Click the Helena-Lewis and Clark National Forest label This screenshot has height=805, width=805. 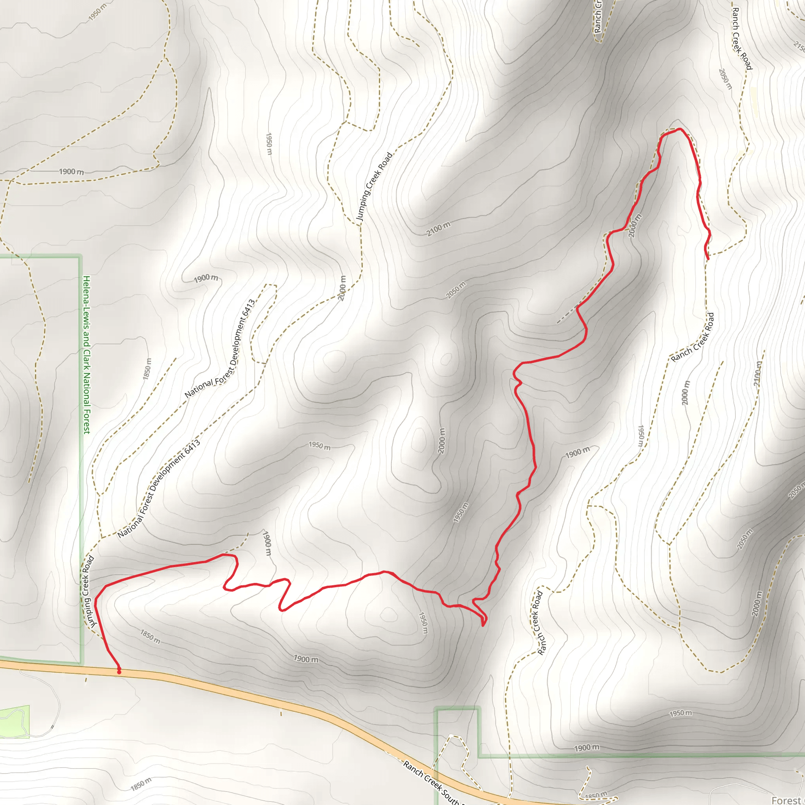(86, 354)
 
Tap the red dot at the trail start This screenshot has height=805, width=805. (119, 672)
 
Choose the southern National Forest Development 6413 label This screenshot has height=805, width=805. (159, 488)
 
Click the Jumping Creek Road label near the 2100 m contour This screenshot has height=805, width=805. (374, 186)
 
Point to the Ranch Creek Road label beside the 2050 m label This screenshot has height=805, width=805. (742, 39)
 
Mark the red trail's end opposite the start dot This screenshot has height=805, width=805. (708, 259)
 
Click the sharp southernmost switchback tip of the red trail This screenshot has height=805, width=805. (483, 625)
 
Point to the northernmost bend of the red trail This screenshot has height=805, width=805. (678, 129)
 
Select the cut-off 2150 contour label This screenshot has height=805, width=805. (799, 46)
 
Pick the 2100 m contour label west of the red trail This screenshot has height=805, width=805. (438, 229)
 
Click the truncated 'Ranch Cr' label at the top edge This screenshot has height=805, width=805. (598, 17)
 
